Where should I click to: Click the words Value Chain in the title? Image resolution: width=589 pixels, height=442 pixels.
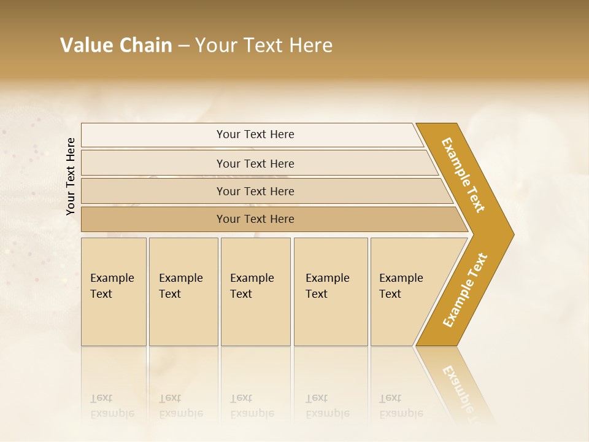click(116, 45)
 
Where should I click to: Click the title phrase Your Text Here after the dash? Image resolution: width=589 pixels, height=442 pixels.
click(264, 45)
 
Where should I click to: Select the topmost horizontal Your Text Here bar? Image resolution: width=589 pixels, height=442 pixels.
click(255, 134)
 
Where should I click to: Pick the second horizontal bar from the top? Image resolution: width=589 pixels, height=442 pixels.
click(255, 163)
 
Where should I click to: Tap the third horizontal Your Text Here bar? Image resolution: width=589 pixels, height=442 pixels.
click(255, 191)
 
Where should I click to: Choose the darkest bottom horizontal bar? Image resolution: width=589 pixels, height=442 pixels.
click(255, 219)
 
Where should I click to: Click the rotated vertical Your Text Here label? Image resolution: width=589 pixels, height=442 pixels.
click(71, 177)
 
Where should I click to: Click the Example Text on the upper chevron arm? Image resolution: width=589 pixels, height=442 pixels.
click(463, 175)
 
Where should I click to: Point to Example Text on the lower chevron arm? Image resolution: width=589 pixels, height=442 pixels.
click(465, 290)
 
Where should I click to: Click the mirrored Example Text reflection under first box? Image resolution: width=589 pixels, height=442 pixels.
click(112, 406)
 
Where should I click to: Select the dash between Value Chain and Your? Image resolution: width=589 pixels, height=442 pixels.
click(183, 46)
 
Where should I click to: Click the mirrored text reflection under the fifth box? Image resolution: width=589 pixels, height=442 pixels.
click(401, 406)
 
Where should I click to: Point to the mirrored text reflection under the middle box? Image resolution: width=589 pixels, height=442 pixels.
click(252, 406)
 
